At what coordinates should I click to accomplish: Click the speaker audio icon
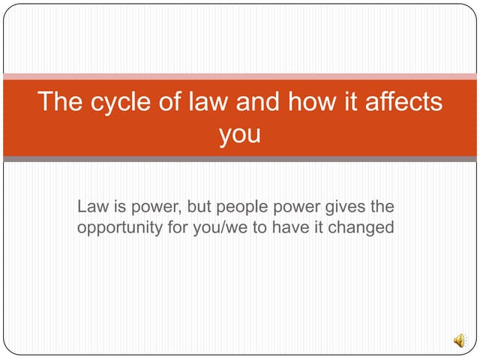(458, 340)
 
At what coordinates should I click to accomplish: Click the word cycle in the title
(113, 102)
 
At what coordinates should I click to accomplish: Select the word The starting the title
(58, 102)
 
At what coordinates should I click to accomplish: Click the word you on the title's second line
(240, 134)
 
